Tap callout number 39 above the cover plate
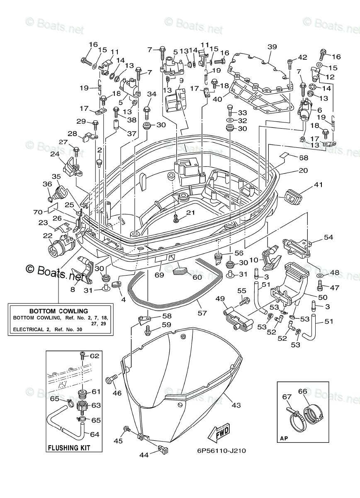click(272, 47)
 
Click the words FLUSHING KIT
click(69, 448)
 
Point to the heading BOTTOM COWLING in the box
click(58, 310)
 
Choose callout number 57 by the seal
click(202, 313)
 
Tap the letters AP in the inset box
click(285, 437)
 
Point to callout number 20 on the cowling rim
click(303, 171)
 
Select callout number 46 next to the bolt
click(117, 393)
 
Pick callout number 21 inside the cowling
click(190, 213)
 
